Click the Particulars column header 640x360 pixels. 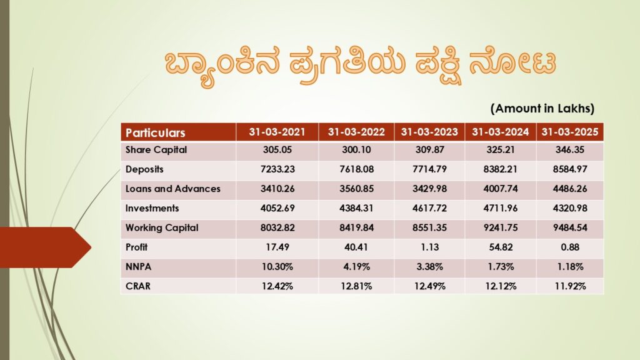pos(156,132)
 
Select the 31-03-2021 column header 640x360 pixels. pos(277,132)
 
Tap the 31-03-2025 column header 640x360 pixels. pos(569,132)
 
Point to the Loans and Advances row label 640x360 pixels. pos(172,189)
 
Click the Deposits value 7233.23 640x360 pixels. pos(277,169)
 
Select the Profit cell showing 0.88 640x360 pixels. pos(569,247)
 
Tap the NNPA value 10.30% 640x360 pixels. pos(277,266)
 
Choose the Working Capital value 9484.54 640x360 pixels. pos(569,227)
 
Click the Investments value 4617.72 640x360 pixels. pos(429,208)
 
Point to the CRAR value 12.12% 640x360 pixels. pos(500,286)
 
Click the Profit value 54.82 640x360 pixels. pos(500,247)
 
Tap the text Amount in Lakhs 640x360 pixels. pos(542,108)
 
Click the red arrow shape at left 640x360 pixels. pos(44,248)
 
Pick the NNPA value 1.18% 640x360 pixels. pos(569,266)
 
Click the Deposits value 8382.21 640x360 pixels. pos(500,169)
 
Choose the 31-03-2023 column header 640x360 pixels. pos(429,132)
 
